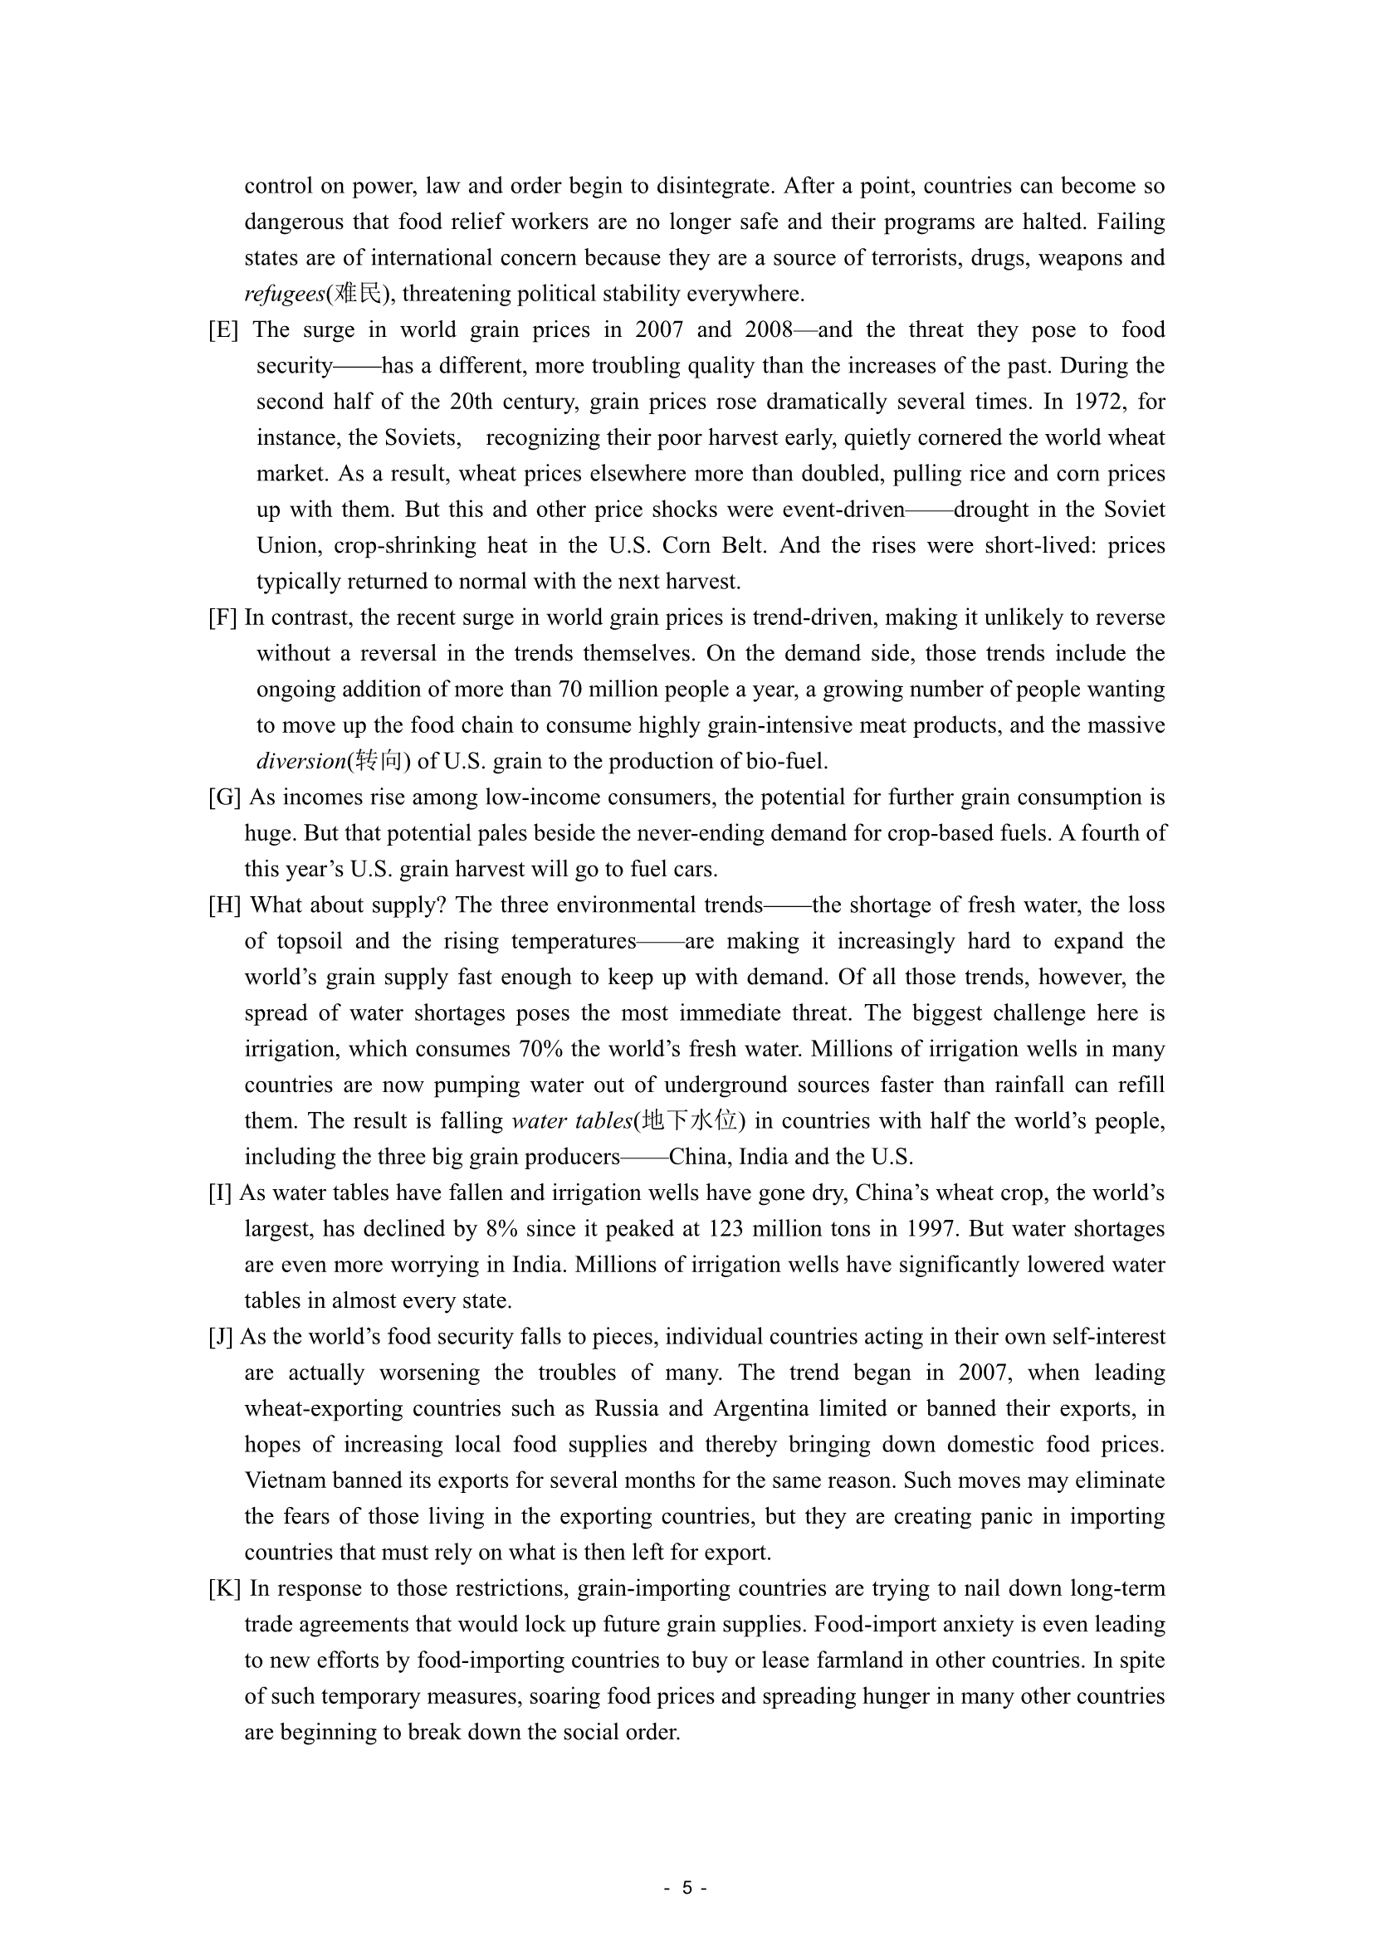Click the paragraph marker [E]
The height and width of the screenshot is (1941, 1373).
point(223,329)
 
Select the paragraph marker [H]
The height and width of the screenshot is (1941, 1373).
point(224,905)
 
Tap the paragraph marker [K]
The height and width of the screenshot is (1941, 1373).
point(224,1588)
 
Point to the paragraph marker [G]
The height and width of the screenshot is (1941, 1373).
point(224,797)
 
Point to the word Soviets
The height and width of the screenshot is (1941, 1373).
point(422,438)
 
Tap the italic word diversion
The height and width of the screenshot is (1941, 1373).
point(301,762)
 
